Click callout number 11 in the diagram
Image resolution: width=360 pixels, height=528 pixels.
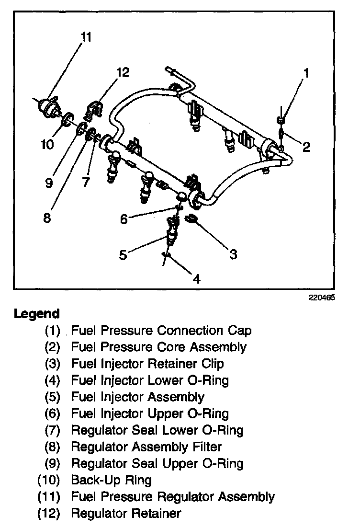[x=86, y=37]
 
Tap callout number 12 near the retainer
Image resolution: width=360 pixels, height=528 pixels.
[x=123, y=72]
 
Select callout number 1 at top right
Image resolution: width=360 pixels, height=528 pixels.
[x=306, y=73]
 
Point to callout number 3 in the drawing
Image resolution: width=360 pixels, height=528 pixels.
[x=233, y=254]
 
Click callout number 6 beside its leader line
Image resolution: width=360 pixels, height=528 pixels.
[x=124, y=218]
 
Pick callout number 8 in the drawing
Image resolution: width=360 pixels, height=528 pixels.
[x=46, y=218]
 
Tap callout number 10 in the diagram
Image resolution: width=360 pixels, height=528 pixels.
[x=48, y=144]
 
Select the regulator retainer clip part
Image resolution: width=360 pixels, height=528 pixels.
[x=94, y=110]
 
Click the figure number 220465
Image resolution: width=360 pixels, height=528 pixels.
[x=322, y=297]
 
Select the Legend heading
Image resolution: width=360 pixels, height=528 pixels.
[x=37, y=314]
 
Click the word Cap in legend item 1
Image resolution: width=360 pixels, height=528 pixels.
[x=241, y=331]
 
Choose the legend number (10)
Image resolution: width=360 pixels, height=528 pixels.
[x=48, y=480]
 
